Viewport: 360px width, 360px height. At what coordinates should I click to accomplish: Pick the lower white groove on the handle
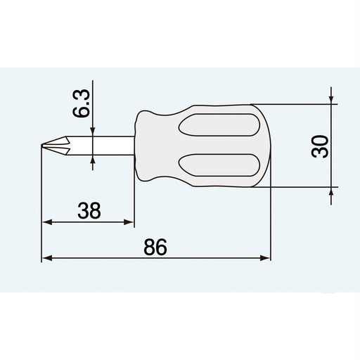coord(218,166)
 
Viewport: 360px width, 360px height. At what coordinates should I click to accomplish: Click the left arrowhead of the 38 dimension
coord(47,223)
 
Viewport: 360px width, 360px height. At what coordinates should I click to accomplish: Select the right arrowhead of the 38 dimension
coord(129,223)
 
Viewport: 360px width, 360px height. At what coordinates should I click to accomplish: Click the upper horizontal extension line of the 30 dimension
coord(295,105)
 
